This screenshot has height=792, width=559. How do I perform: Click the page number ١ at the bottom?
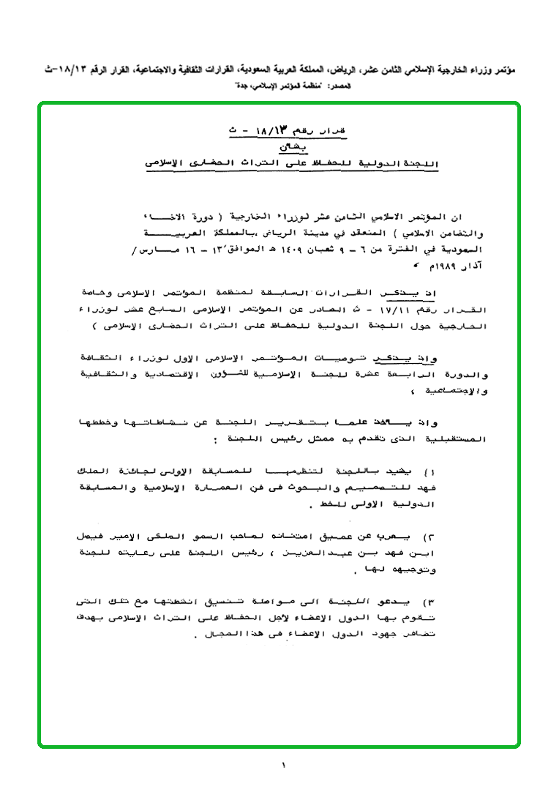pyautogui.click(x=282, y=766)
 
